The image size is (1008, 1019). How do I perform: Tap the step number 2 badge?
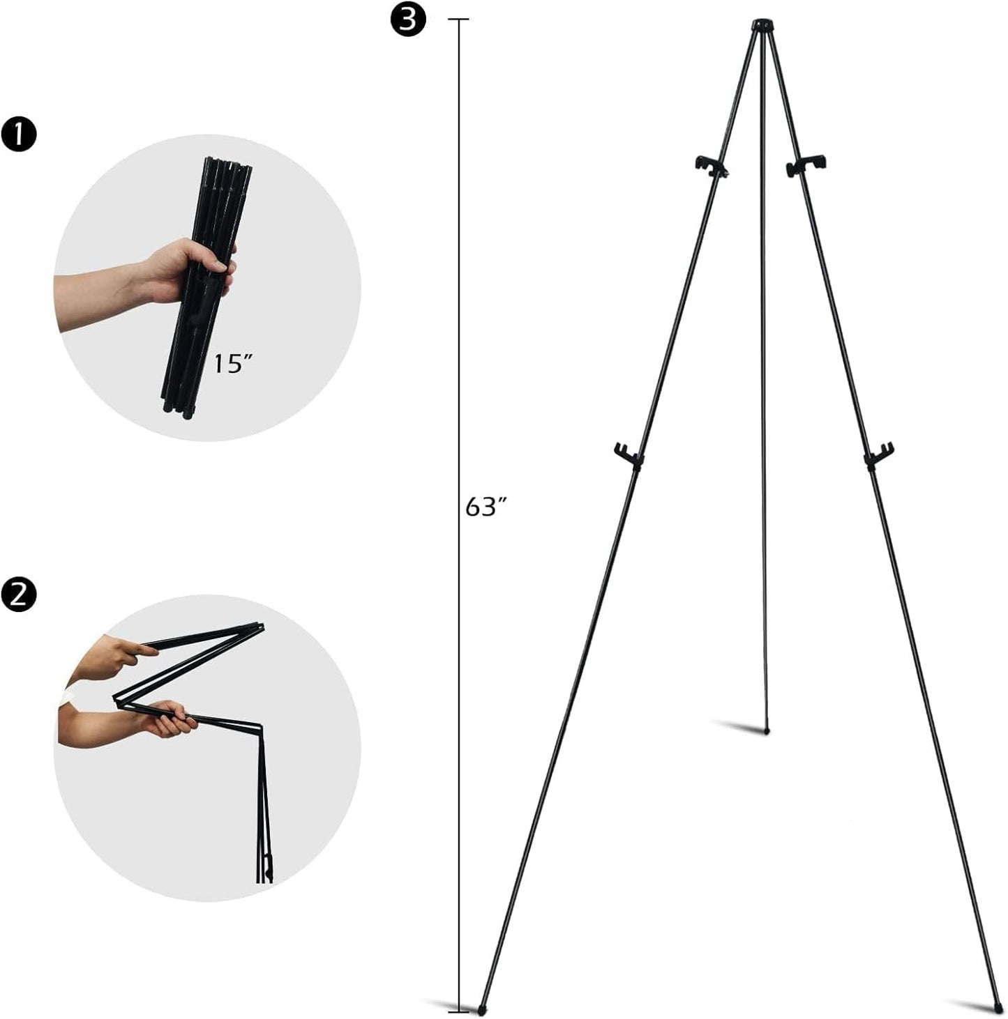click(19, 594)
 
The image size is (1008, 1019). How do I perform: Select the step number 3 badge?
click(407, 20)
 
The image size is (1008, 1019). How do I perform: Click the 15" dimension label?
click(232, 363)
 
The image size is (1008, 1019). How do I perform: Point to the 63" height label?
click(485, 507)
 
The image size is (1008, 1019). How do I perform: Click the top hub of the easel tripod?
click(762, 26)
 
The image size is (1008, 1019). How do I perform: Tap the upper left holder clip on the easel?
click(711, 164)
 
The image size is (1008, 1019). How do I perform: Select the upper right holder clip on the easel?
click(808, 164)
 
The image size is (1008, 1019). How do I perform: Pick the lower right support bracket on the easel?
click(879, 454)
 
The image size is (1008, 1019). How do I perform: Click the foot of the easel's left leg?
click(482, 1008)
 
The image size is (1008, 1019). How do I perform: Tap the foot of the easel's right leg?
click(998, 1008)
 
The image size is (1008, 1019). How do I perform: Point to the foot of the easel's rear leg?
click(767, 731)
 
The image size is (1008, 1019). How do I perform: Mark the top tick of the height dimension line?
click(458, 20)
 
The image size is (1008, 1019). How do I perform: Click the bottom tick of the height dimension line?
click(458, 1011)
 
